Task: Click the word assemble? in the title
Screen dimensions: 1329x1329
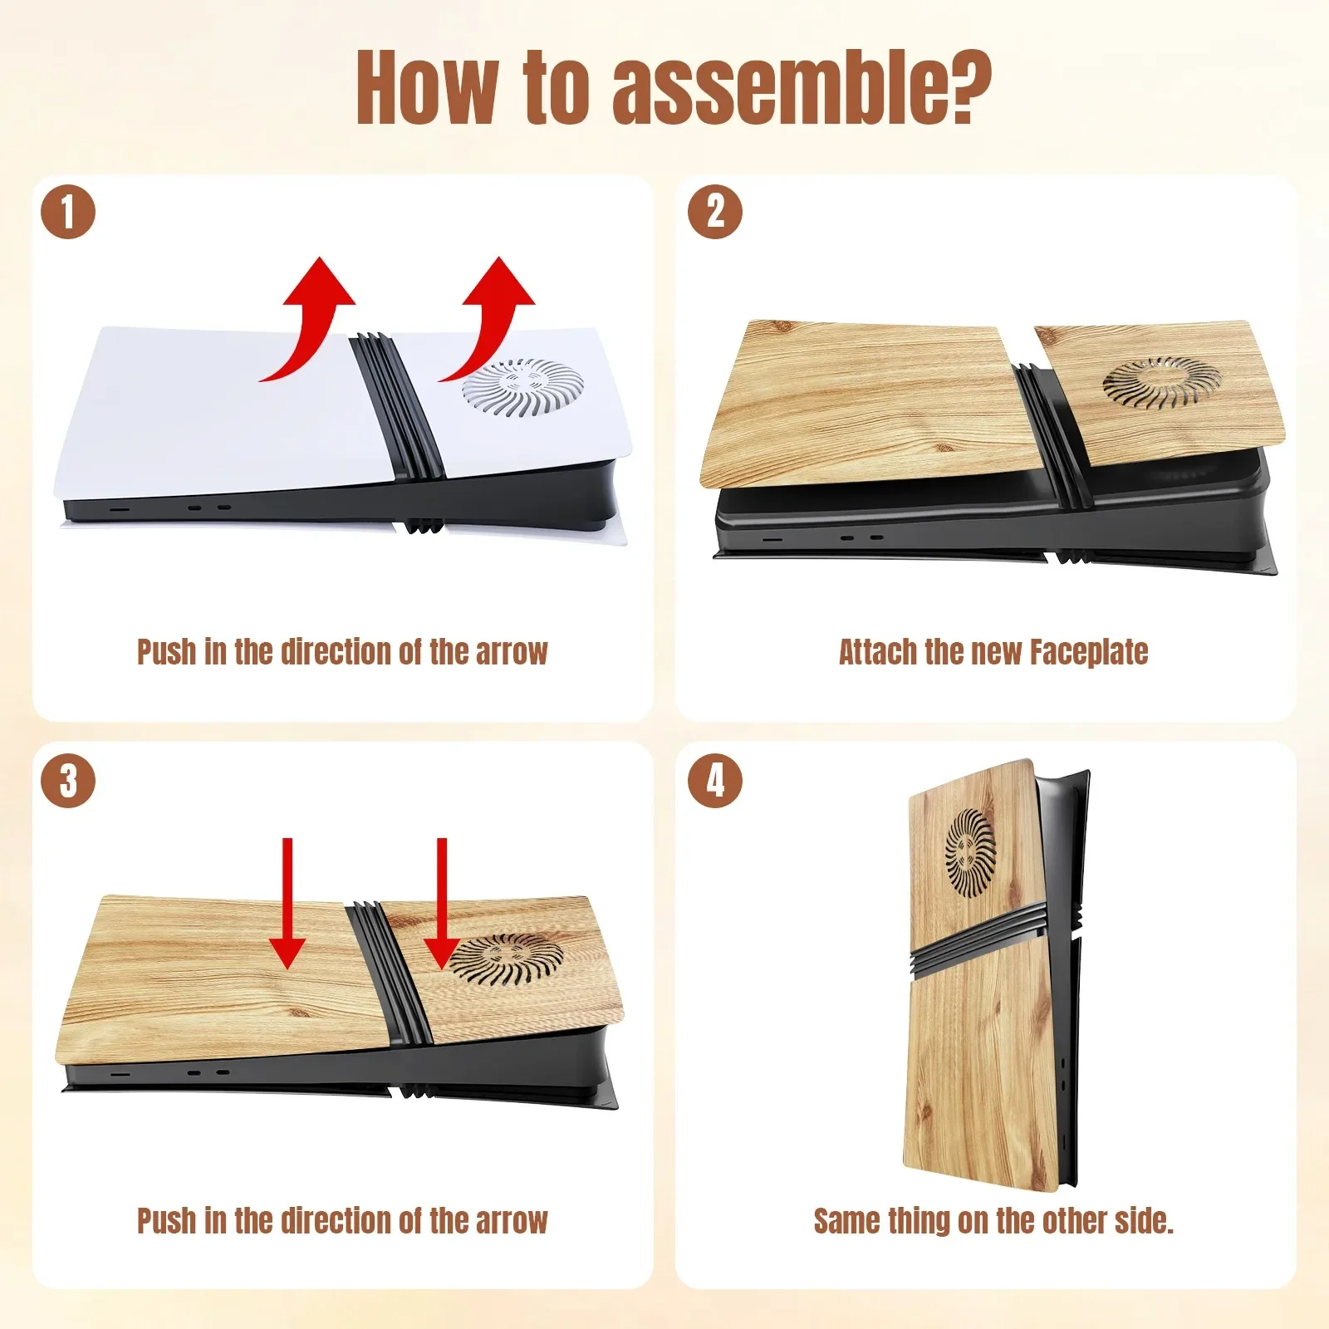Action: [x=802, y=87]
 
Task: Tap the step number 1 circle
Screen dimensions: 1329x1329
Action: [x=68, y=212]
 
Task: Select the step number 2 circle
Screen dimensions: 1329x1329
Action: [x=715, y=212]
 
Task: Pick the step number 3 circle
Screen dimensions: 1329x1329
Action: [x=68, y=781]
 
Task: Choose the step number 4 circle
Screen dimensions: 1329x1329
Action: [x=715, y=781]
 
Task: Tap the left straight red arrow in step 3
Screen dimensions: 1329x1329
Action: [x=287, y=904]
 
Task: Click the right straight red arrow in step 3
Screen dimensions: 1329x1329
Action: [x=442, y=904]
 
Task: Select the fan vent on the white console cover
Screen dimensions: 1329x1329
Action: [x=523, y=387]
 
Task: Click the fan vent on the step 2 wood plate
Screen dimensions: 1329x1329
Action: [x=1163, y=383]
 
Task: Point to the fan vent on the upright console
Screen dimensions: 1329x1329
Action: [x=971, y=853]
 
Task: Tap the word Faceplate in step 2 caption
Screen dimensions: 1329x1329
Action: [x=1089, y=653]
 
